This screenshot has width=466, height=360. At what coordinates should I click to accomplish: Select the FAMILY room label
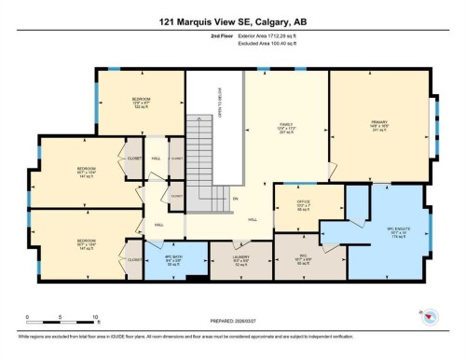pyautogui.click(x=286, y=128)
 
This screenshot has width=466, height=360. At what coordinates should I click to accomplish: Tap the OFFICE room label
pyautogui.click(x=295, y=205)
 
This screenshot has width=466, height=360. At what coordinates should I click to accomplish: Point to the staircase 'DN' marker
pyautogui.click(x=236, y=200)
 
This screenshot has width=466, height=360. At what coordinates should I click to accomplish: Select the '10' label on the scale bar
pyautogui.click(x=95, y=317)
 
